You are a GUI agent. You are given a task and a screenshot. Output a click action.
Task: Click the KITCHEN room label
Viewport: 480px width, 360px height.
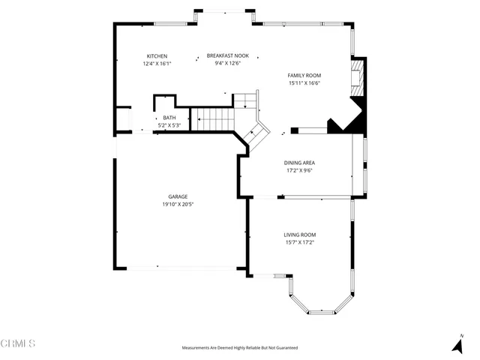coord(157,56)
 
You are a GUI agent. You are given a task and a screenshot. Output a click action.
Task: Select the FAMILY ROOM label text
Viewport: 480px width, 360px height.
coord(304,76)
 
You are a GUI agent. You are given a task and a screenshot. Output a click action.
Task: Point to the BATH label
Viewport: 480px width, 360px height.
coord(169,118)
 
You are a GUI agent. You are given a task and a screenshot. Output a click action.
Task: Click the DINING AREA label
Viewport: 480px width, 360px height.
coord(298,163)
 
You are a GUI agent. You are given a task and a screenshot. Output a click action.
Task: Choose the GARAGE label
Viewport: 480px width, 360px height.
coord(178,196)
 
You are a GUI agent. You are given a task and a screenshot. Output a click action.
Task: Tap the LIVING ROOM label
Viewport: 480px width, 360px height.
coord(298,234)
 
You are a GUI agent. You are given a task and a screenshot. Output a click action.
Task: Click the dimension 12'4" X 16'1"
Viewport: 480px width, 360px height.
coord(157,64)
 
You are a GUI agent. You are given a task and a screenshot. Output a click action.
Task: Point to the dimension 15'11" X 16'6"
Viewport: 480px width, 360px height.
coord(304,83)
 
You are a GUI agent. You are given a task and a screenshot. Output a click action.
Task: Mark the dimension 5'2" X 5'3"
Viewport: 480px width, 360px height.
coord(169,124)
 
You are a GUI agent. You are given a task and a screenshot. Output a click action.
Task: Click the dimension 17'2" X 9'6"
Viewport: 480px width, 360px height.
coord(298,170)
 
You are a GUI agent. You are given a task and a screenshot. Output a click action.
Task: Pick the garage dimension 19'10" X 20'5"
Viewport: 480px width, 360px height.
coord(178,204)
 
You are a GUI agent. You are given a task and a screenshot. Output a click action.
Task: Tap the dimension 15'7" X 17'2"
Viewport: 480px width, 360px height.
coord(298,241)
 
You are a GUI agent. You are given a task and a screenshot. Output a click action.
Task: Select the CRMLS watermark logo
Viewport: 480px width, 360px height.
coord(18,343)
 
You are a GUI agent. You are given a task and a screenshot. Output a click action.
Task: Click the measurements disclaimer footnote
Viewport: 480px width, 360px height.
coord(239,348)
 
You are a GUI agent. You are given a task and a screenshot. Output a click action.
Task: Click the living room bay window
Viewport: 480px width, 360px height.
coord(322,304)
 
